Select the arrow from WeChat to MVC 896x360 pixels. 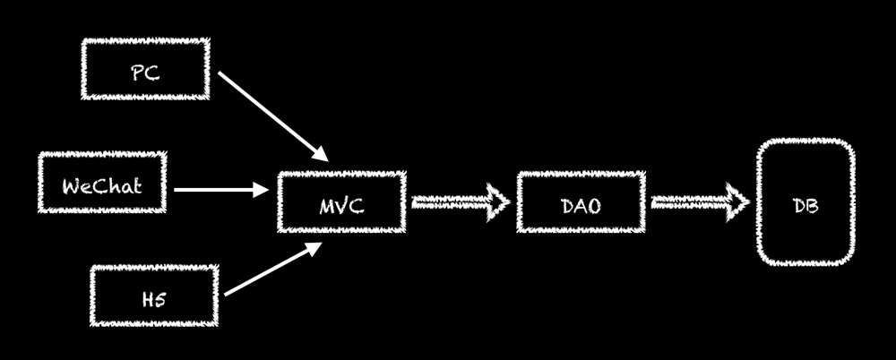point(220,190)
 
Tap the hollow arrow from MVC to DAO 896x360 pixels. point(459,202)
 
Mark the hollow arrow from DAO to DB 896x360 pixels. point(699,202)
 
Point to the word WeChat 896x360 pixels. point(102,188)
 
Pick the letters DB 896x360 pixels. point(803,206)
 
